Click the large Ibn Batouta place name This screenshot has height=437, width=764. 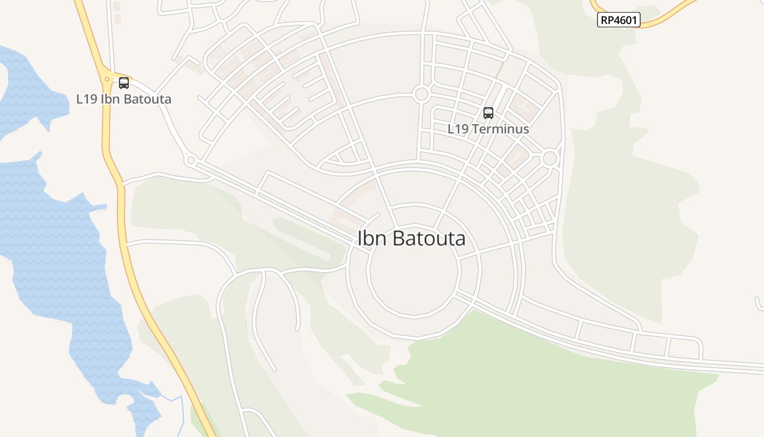[x=411, y=239]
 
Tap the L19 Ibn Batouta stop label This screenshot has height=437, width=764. [x=123, y=99]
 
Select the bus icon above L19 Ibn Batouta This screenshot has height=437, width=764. [x=124, y=83]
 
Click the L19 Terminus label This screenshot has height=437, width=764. [x=488, y=129]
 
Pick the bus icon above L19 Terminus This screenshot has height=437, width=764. [x=488, y=113]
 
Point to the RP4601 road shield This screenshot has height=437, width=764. [x=618, y=20]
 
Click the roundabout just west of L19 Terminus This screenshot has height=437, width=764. [x=421, y=94]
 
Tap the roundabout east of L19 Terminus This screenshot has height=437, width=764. [x=550, y=158]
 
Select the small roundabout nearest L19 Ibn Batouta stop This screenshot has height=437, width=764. [x=190, y=161]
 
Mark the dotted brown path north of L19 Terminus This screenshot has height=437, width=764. [x=499, y=68]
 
